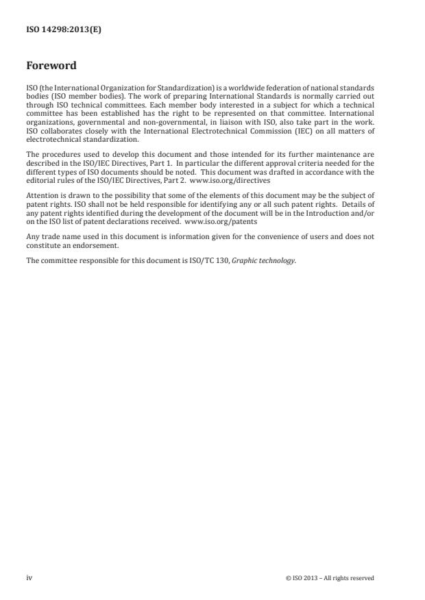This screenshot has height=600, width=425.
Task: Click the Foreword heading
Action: pyautogui.click(x=51, y=66)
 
